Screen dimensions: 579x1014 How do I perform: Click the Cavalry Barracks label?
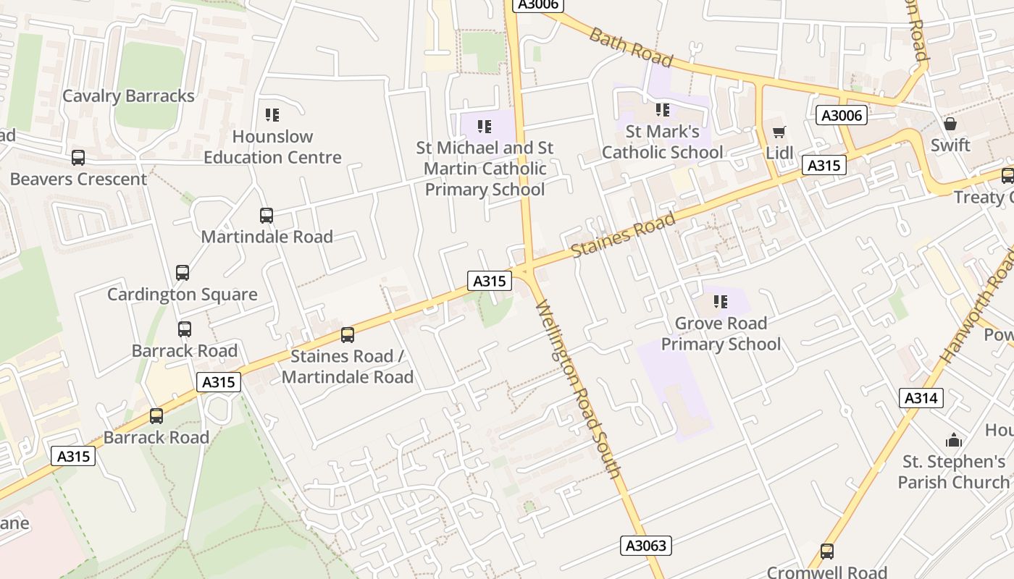128,96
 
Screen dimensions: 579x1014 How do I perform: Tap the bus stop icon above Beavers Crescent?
78,158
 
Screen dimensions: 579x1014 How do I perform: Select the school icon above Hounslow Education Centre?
272,115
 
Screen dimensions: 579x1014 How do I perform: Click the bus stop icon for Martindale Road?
267,216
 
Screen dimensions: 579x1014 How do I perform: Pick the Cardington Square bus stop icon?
183,273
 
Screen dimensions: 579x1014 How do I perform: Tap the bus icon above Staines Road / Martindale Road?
348,335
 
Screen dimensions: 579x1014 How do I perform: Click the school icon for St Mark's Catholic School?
663,110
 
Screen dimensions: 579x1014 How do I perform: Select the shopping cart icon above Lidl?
779,132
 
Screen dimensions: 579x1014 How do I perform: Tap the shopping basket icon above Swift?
950,124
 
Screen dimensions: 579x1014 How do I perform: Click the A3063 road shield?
646,546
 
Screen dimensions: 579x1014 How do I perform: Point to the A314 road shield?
921,397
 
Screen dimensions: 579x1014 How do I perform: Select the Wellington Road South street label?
578,389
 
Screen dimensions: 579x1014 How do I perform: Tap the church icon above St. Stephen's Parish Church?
954,440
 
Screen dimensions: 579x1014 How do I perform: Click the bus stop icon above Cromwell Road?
826,551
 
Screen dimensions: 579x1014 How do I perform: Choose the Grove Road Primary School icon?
720,302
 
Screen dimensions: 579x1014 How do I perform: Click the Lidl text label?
779,153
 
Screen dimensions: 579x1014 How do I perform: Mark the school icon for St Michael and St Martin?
485,127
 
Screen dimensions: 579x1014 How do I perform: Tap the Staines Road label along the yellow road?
623,234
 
